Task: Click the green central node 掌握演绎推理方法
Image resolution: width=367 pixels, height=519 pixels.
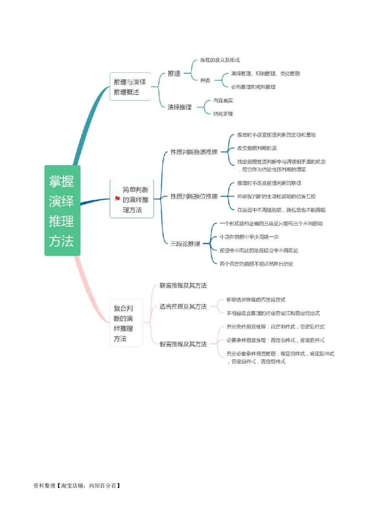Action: (62, 210)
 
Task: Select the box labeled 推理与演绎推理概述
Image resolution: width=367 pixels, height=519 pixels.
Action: (130, 87)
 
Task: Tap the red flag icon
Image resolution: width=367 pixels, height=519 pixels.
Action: (117, 199)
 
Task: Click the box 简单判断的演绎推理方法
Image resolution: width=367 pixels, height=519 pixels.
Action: (135, 199)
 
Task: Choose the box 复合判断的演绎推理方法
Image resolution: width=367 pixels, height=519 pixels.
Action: (126, 323)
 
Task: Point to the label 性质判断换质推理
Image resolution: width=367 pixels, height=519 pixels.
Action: (194, 152)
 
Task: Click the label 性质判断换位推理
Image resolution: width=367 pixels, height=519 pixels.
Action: (194, 196)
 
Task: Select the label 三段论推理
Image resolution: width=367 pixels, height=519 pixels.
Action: (185, 244)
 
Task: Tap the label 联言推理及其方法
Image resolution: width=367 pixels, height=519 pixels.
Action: (183, 285)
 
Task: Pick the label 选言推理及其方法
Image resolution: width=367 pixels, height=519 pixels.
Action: (183, 306)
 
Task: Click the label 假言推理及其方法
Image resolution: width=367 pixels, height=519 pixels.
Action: (183, 344)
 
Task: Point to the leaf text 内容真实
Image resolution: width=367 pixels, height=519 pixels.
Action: (223, 100)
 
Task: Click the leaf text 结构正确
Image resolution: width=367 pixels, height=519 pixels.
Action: (223, 114)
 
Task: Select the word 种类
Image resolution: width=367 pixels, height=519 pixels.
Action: (205, 80)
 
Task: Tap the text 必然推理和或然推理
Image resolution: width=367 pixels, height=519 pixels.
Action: (253, 87)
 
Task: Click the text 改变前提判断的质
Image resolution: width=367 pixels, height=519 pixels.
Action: (257, 148)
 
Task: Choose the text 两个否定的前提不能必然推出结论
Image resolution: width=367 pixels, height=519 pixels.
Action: (256, 264)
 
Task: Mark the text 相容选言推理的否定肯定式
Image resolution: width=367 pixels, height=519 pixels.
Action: (256, 299)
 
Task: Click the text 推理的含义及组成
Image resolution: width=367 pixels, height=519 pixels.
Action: (220, 60)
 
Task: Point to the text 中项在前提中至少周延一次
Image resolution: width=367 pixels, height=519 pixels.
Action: (249, 237)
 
